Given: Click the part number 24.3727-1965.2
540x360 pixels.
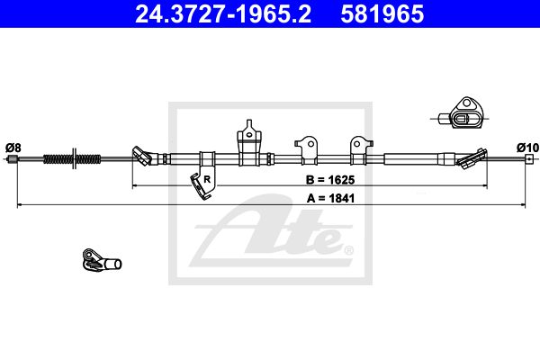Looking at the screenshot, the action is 223,14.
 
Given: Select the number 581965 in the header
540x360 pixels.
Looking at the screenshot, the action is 382,14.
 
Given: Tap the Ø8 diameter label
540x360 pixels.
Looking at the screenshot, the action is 13,148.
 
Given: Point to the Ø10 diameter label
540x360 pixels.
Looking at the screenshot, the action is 527,148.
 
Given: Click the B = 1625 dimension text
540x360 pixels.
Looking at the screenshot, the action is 330,179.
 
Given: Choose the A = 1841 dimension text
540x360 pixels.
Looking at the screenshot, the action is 330,198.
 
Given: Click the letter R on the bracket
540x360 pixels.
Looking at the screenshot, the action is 207,179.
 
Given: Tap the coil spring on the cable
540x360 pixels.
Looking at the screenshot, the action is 72,158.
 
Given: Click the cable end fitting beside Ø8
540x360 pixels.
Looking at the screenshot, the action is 13,158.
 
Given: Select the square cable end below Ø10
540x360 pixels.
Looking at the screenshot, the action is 529,158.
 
